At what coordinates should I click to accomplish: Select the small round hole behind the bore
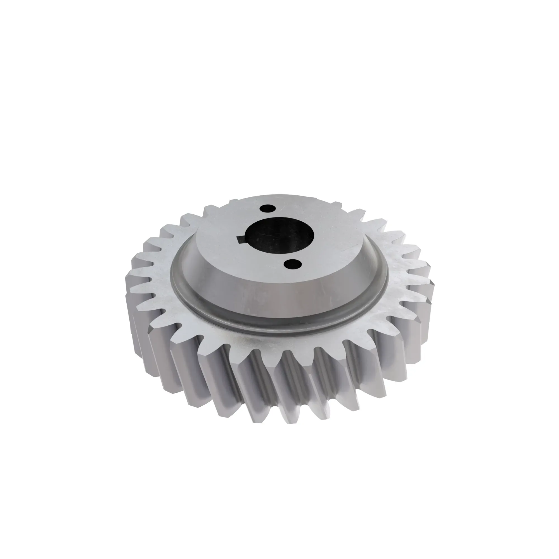click(267, 208)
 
